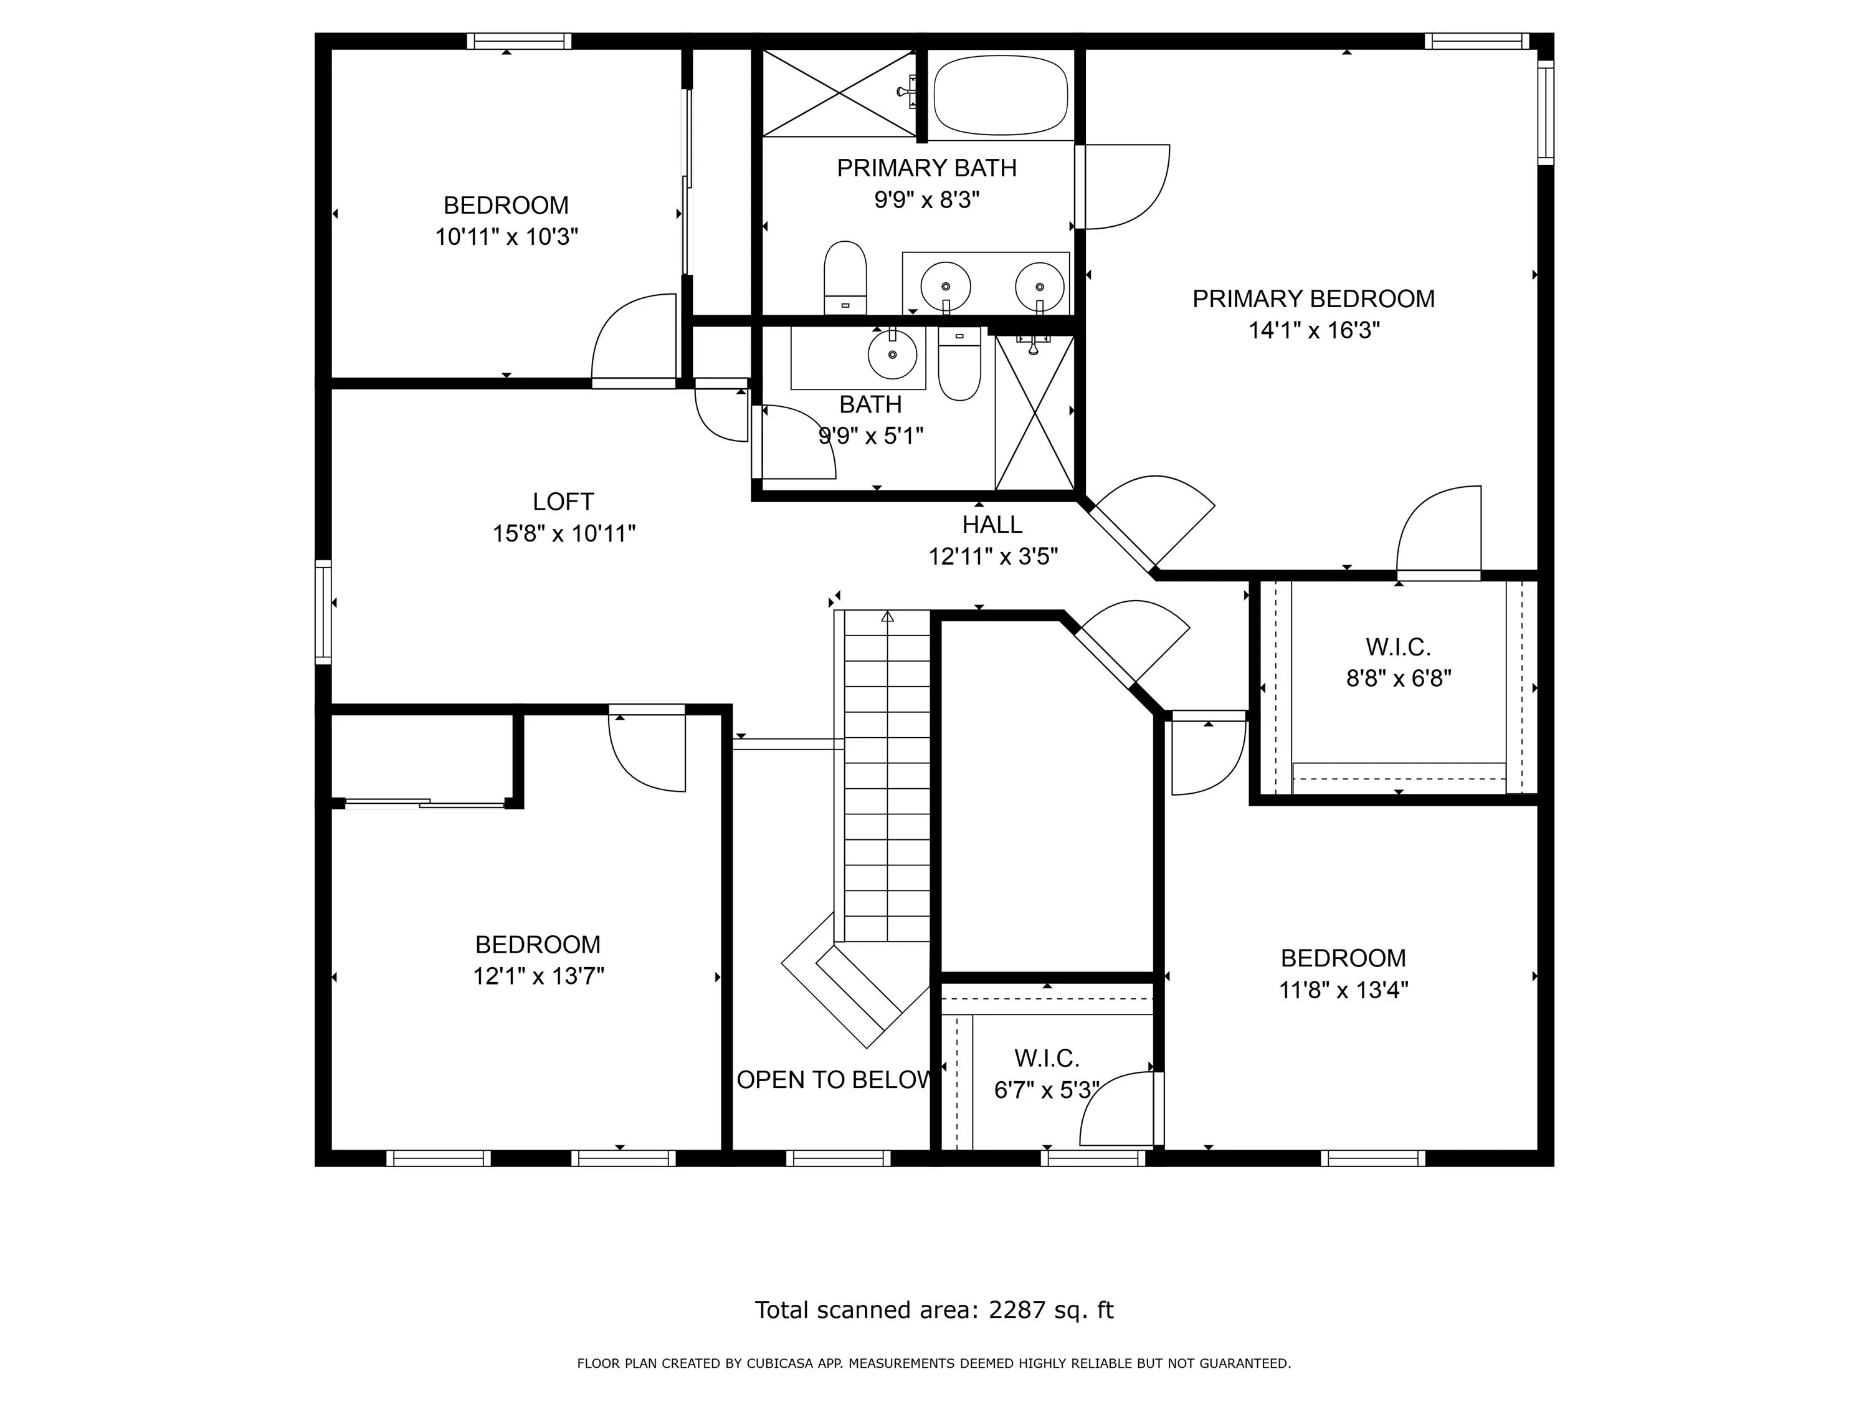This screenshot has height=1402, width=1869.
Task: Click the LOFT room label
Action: point(564,502)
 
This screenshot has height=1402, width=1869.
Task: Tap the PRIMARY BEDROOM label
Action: point(1313,299)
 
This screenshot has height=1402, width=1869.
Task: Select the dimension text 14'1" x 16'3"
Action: point(1314,330)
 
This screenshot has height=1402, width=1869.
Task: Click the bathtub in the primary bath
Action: point(1001,95)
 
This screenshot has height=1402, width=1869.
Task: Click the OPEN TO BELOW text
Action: point(834,1080)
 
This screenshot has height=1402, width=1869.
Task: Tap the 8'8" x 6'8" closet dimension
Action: point(1399,679)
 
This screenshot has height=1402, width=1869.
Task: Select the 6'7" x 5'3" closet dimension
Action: point(1046,1090)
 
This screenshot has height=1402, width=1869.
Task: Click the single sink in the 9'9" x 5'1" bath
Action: point(892,354)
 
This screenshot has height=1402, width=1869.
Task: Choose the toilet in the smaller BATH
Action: point(959,365)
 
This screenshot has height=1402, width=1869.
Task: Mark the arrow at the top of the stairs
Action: point(887,618)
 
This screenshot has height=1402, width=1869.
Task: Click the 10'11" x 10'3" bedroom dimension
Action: point(506,237)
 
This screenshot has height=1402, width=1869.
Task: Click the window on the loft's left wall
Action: point(323,611)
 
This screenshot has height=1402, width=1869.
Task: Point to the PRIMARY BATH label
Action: point(927,168)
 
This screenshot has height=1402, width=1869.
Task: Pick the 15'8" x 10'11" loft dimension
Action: point(564,534)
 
